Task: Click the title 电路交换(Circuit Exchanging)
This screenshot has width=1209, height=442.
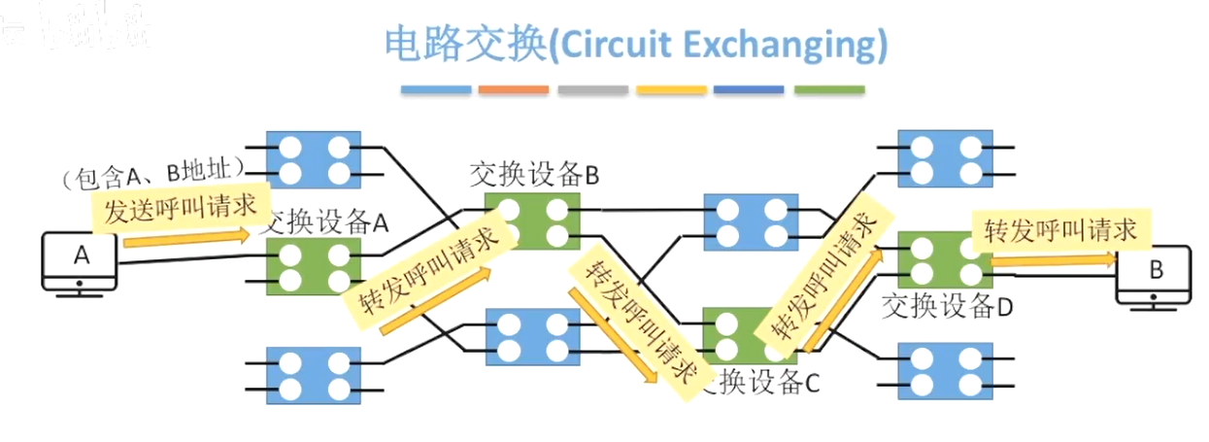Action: [636, 45]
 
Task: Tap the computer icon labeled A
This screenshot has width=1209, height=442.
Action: [79, 259]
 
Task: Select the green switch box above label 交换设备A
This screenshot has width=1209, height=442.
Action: [314, 265]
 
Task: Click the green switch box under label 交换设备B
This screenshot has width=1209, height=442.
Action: [532, 221]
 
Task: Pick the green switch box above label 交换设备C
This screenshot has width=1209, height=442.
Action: [738, 333]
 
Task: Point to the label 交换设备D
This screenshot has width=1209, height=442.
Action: [948, 307]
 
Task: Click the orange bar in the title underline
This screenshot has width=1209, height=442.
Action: [514, 90]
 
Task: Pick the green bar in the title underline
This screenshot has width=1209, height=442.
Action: [828, 90]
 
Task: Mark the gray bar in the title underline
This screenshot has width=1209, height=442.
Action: [592, 90]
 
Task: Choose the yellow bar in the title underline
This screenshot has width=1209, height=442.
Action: [671, 90]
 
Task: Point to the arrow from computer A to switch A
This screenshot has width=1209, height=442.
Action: [185, 237]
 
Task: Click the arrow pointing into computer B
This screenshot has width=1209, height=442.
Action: [1054, 259]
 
